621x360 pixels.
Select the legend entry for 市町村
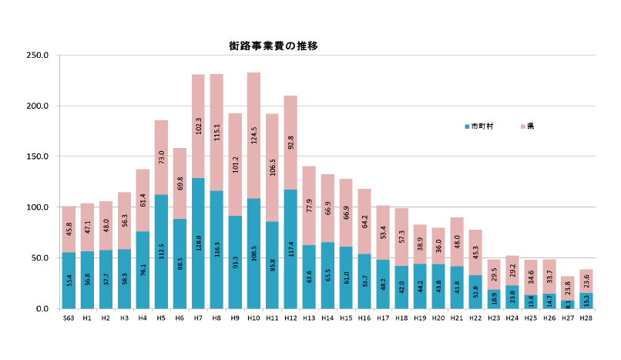(482, 126)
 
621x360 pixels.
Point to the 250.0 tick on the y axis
(37, 56)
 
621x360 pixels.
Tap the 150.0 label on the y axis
(37, 156)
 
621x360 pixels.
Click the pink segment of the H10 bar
(253, 135)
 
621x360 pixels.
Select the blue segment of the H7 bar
(198, 243)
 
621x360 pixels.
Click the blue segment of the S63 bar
(69, 280)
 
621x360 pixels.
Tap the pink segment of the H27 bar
(568, 288)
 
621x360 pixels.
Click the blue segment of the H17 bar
(383, 284)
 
